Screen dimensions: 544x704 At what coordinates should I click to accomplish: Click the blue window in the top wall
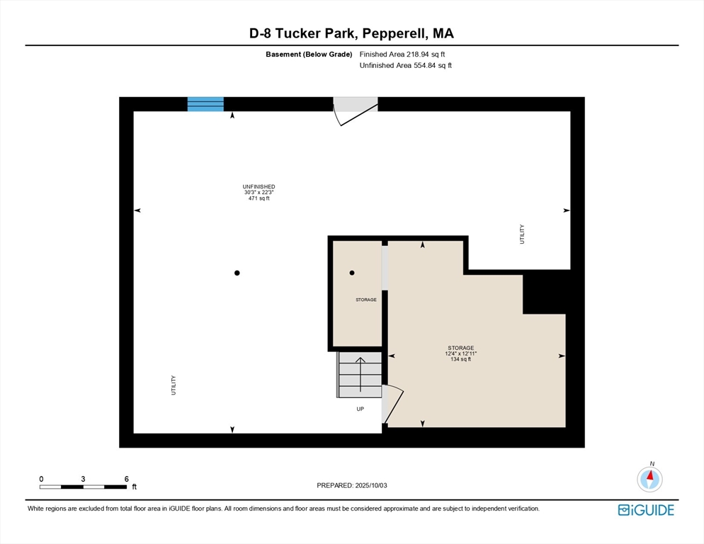pyautogui.click(x=205, y=104)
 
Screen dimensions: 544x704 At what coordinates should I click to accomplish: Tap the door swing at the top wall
pyautogui.click(x=353, y=111)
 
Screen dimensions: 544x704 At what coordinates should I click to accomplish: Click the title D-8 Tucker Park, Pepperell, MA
pyautogui.click(x=352, y=33)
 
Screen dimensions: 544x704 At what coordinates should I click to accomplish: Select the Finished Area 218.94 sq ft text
pyautogui.click(x=402, y=54)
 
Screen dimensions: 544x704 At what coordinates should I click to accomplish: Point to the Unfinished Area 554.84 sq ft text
pyautogui.click(x=405, y=65)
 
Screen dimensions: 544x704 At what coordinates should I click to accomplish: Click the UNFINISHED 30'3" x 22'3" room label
pyautogui.click(x=259, y=193)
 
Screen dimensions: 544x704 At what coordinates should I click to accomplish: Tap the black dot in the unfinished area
pyautogui.click(x=237, y=273)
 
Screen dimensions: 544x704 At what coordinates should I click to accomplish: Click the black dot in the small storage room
pyautogui.click(x=352, y=273)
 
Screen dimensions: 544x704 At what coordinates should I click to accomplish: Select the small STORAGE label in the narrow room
pyautogui.click(x=365, y=300)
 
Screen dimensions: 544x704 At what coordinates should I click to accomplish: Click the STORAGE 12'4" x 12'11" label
pyautogui.click(x=460, y=353)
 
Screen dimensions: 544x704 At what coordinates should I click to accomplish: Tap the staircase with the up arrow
pyautogui.click(x=360, y=375)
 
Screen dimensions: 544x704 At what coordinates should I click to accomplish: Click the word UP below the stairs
pyautogui.click(x=360, y=409)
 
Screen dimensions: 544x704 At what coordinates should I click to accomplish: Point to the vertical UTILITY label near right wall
pyautogui.click(x=522, y=234)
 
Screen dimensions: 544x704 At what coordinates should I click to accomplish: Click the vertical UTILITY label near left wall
pyautogui.click(x=174, y=385)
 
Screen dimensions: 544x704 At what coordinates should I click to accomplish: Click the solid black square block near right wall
pyautogui.click(x=545, y=292)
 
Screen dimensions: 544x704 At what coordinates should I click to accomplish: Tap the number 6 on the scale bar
pyautogui.click(x=126, y=479)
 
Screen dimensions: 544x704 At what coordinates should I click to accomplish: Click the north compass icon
pyautogui.click(x=649, y=479)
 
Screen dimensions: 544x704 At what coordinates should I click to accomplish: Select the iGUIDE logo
pyautogui.click(x=645, y=510)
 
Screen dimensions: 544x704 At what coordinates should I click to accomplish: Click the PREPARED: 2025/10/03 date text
pyautogui.click(x=352, y=485)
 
